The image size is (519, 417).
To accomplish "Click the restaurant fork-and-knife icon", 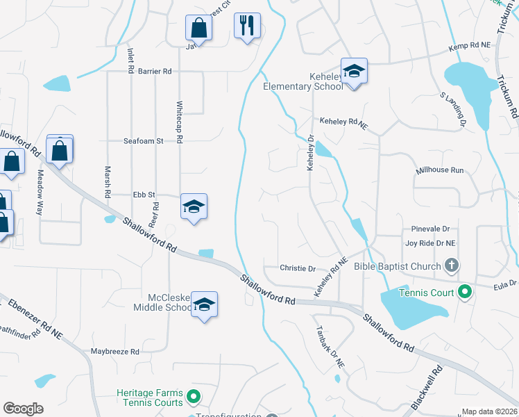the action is (x=247, y=26).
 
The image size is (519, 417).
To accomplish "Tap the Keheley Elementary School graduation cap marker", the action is (x=354, y=71).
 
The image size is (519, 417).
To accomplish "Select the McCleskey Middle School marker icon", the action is (x=204, y=304).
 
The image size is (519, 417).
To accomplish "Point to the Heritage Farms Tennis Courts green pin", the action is (x=194, y=397).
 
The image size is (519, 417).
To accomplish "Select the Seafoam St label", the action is (x=143, y=140).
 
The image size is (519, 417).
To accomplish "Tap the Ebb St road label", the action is (x=144, y=195).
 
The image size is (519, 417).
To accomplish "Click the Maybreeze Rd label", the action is (x=114, y=352).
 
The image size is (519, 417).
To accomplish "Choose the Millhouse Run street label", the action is (x=439, y=170).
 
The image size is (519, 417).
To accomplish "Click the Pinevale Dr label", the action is (x=430, y=228).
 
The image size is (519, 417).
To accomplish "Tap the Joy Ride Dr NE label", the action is (x=430, y=243).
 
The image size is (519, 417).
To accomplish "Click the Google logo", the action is (x=24, y=409).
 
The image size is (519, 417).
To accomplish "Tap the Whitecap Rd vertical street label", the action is (x=179, y=122).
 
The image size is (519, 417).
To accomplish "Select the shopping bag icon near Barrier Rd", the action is (x=198, y=28).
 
